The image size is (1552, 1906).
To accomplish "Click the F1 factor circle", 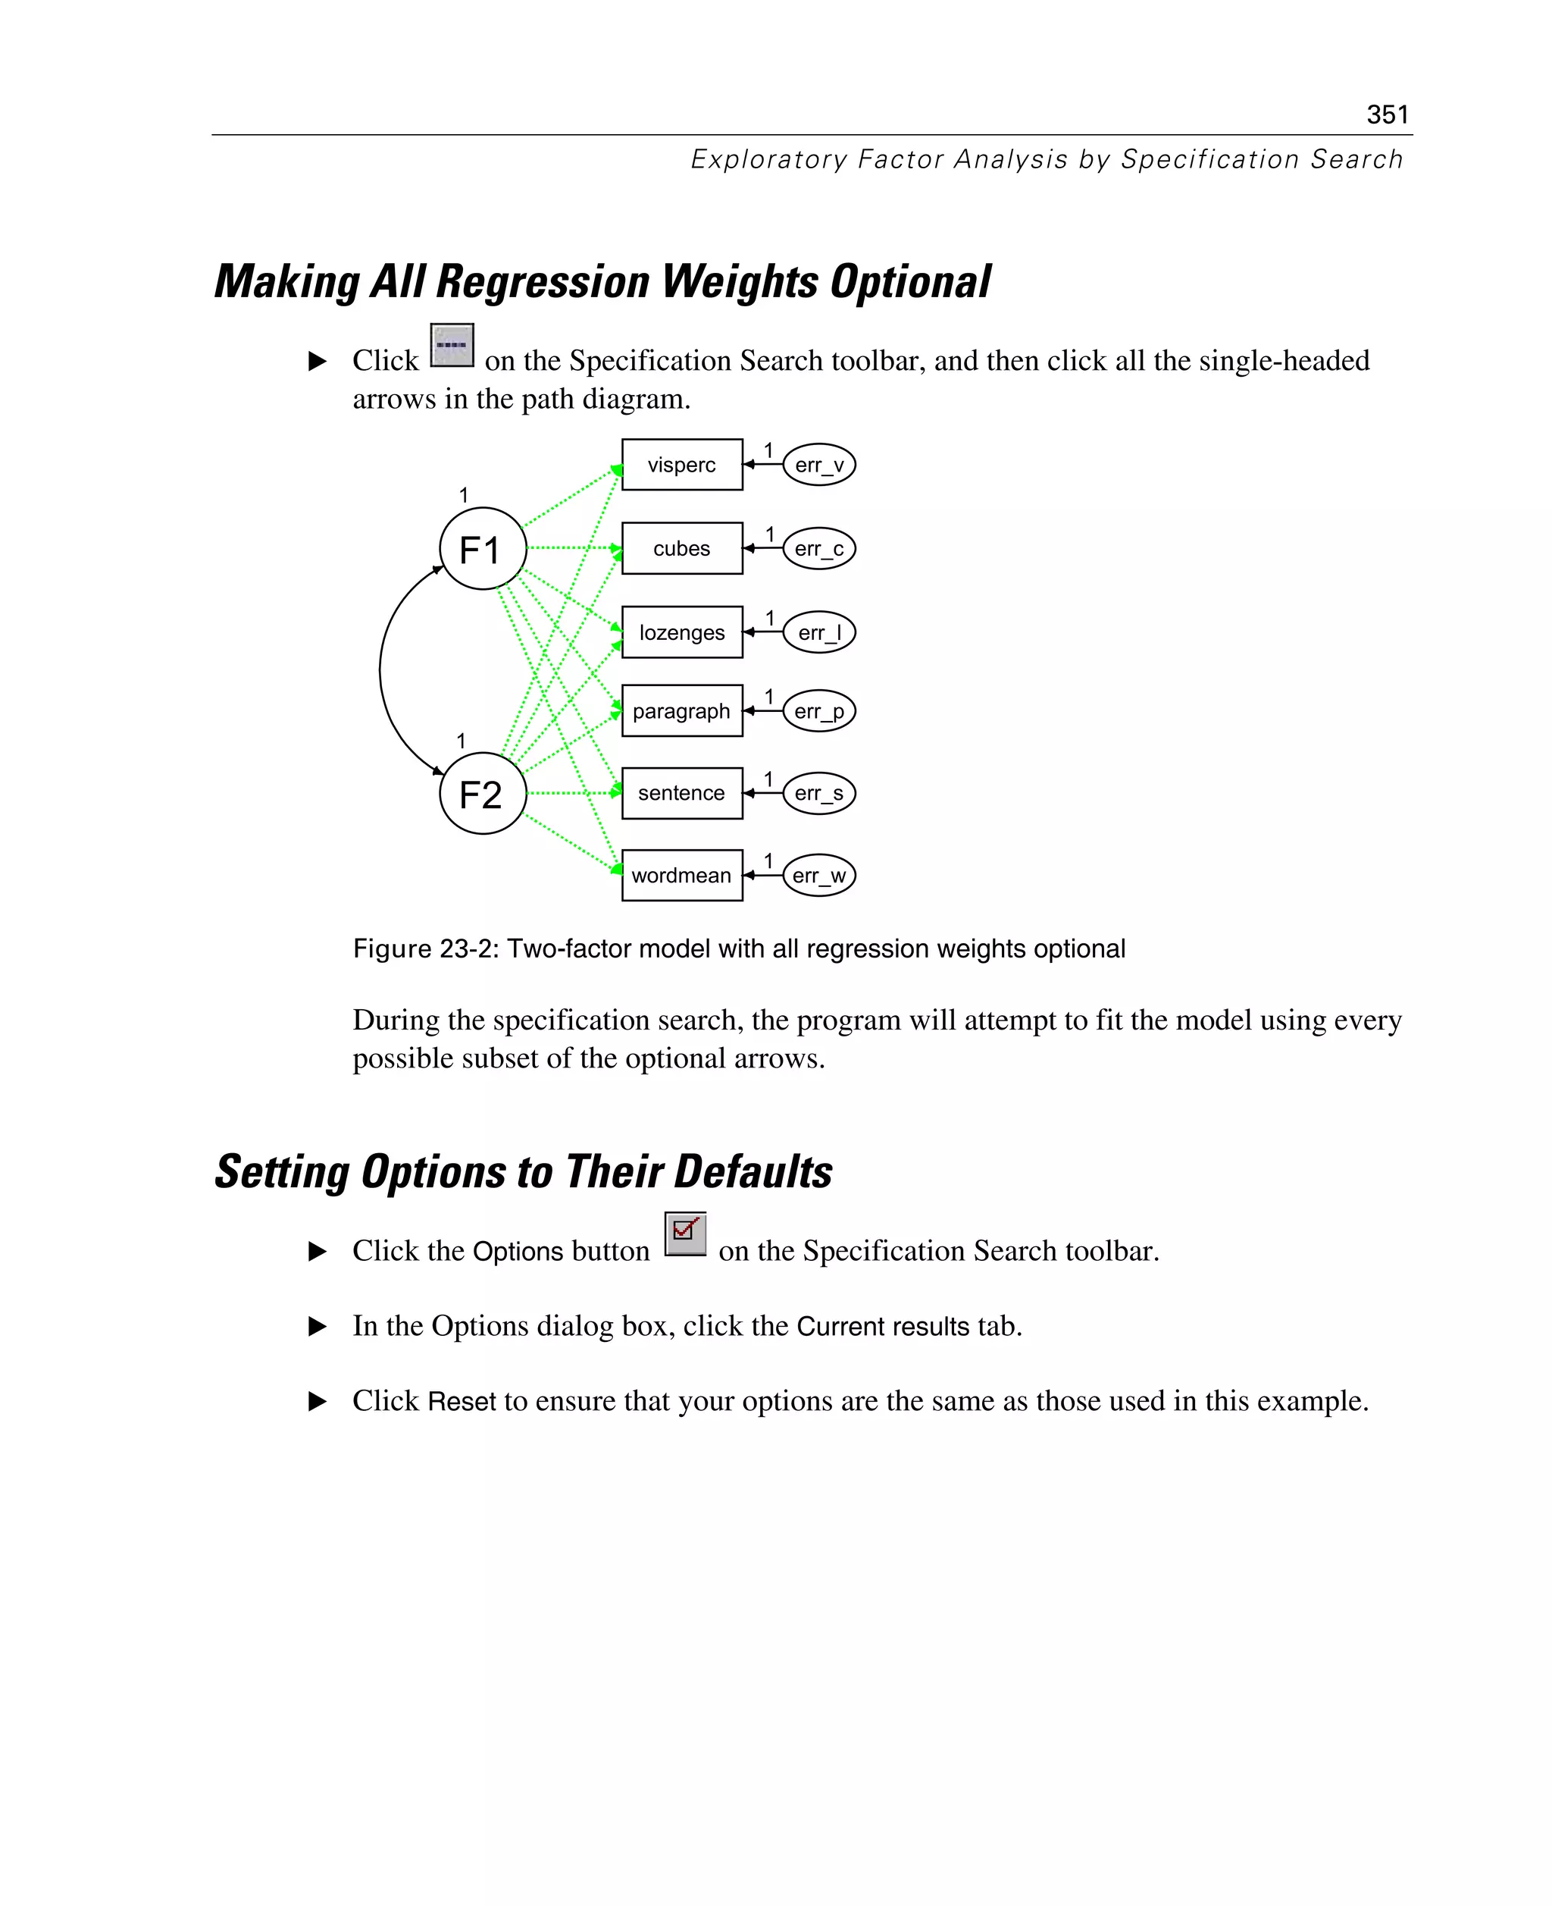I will [x=483, y=548].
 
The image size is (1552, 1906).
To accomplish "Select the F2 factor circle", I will [x=483, y=793].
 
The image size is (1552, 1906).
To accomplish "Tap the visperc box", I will [x=681, y=464].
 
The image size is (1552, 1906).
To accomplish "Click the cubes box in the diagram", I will [x=681, y=548].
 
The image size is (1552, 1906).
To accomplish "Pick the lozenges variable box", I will [x=681, y=632].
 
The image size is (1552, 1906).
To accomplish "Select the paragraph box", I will [x=681, y=711].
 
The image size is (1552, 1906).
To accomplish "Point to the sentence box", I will [x=681, y=793].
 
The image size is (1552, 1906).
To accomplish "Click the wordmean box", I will [x=681, y=876].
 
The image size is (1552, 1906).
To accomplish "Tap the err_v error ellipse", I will [x=819, y=464].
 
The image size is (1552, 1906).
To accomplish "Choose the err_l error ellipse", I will [x=819, y=632].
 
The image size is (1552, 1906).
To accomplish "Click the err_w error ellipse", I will [x=819, y=876].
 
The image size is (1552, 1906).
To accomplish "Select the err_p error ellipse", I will [x=819, y=711].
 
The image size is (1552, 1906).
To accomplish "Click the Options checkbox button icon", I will [x=686, y=1234].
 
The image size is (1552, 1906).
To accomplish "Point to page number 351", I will [x=1388, y=114].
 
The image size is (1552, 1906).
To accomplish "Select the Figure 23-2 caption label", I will [x=738, y=949].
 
